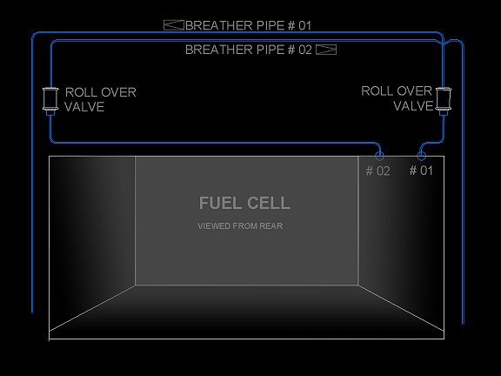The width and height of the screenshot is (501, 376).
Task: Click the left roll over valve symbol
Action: click(50, 101)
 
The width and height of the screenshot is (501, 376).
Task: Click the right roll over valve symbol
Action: click(444, 101)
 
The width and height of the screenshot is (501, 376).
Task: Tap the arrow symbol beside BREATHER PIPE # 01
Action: click(174, 25)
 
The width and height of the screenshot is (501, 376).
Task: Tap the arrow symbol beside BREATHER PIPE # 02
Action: click(326, 50)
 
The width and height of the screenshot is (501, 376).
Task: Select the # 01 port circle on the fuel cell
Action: click(421, 156)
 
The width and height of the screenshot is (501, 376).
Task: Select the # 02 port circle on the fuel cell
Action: click(379, 156)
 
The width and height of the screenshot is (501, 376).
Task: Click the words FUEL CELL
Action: click(244, 203)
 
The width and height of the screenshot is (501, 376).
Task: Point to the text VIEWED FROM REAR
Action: click(240, 226)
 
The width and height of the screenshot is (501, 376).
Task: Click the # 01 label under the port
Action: click(421, 171)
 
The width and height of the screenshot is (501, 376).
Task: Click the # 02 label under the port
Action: click(378, 171)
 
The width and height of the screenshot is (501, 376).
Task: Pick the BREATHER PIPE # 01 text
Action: click(248, 25)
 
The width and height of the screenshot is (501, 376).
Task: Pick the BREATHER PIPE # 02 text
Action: click(249, 50)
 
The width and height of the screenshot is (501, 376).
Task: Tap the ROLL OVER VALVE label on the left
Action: click(100, 99)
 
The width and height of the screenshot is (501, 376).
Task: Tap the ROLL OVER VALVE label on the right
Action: click(397, 98)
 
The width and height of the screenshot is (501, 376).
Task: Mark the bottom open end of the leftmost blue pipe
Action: click(32, 312)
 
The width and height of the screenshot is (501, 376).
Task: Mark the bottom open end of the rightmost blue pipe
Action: click(463, 324)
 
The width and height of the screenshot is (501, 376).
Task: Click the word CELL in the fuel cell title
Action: click(269, 203)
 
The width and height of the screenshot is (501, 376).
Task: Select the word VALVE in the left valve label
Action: click(84, 107)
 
